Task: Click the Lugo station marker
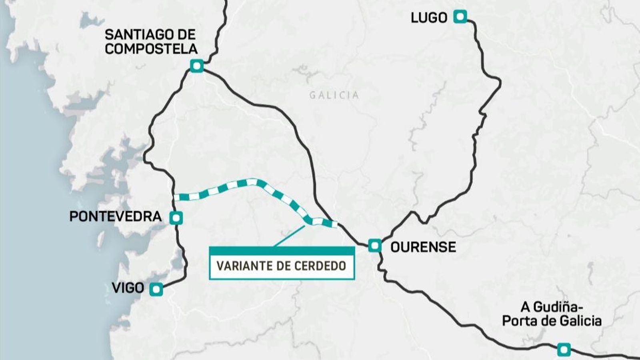[460, 17]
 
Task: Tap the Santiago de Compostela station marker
[196, 66]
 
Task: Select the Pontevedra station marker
[176, 218]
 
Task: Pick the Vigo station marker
[156, 289]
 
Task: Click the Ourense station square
[375, 245]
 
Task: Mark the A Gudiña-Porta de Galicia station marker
[564, 349]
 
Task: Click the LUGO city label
[429, 18]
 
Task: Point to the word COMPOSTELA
[151, 49]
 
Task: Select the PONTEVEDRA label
[115, 216]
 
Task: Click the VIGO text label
[128, 288]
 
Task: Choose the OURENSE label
[423, 247]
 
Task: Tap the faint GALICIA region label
[334, 95]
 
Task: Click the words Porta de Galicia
[552, 321]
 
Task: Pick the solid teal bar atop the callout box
[282, 250]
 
